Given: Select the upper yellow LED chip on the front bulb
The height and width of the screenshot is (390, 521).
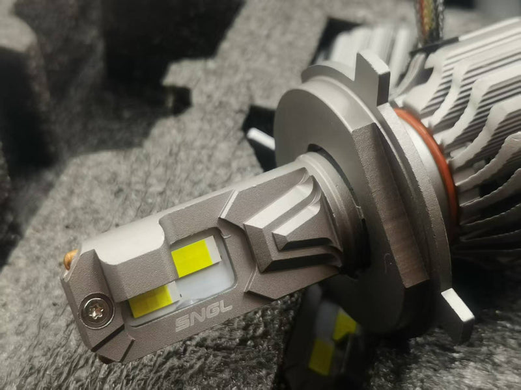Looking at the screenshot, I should [x=194, y=256].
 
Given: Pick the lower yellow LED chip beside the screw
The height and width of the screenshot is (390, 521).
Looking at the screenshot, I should [x=150, y=301].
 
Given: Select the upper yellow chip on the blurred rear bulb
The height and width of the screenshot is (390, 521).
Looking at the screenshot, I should [x=345, y=326].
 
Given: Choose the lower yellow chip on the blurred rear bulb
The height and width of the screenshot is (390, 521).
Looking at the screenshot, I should [x=321, y=356].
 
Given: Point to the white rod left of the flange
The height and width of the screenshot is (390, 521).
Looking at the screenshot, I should [x=260, y=138].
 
